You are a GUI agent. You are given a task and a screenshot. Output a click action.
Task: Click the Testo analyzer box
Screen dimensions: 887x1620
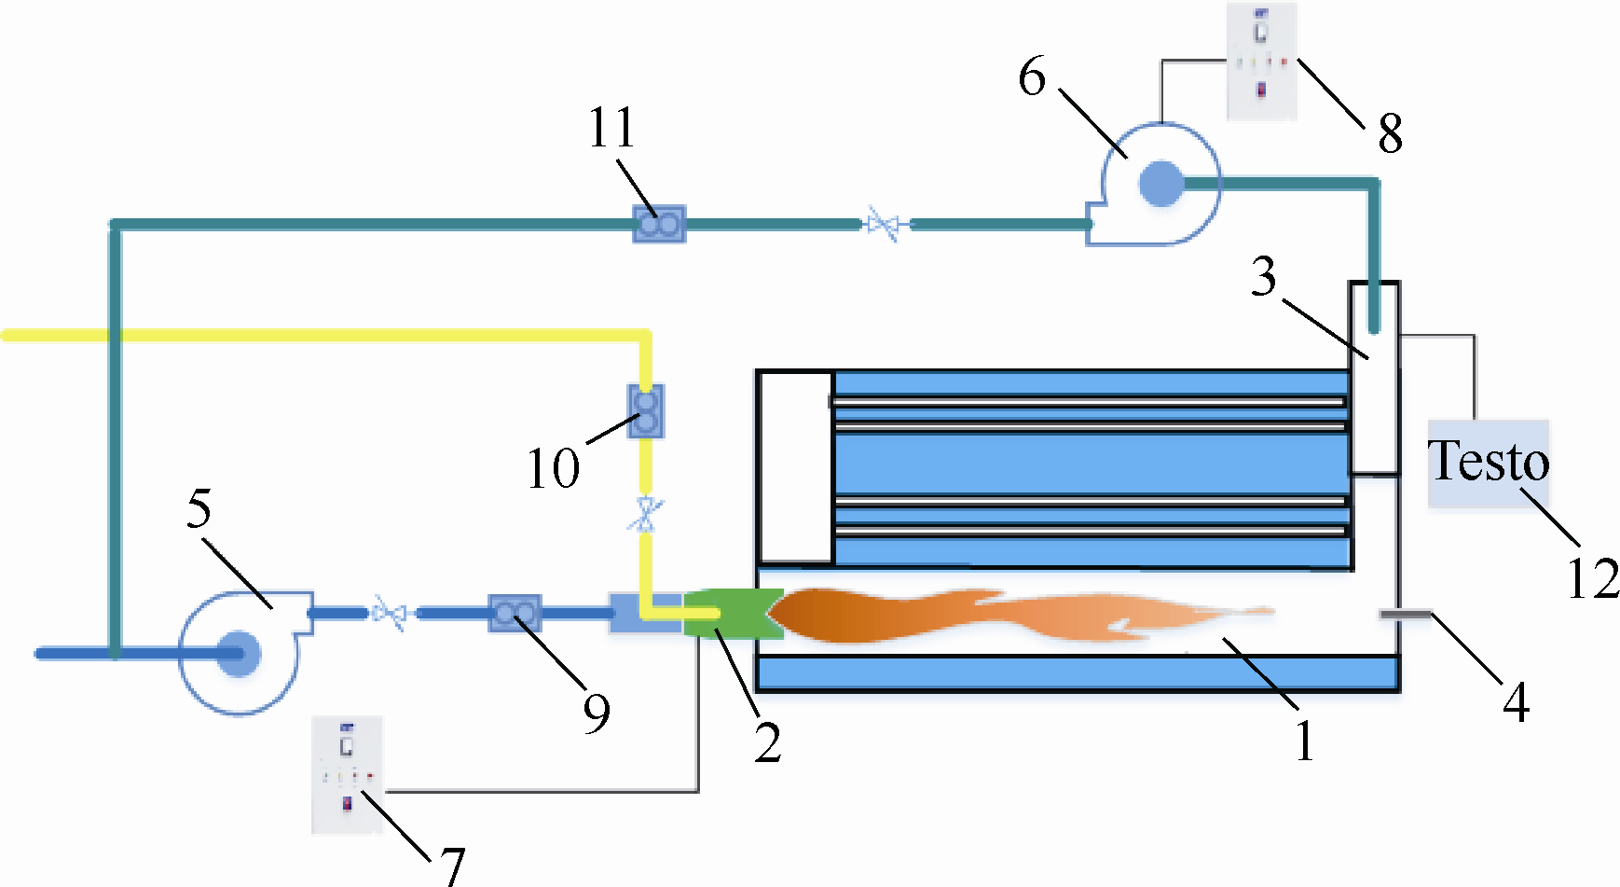point(1489,464)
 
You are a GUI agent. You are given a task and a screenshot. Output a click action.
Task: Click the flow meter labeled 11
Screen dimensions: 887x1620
point(659,224)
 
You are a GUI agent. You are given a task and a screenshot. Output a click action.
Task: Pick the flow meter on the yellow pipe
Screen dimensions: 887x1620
point(645,411)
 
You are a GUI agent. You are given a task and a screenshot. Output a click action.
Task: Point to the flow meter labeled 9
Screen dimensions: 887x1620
point(515,613)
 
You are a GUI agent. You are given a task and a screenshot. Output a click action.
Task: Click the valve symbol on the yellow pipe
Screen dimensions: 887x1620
point(645,514)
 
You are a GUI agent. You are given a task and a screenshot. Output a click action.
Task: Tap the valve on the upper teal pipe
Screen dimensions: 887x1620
point(883,224)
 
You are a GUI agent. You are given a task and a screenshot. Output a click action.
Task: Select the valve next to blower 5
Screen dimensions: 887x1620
point(389,613)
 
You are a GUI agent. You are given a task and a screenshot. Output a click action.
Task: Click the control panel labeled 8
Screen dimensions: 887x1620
point(1261,62)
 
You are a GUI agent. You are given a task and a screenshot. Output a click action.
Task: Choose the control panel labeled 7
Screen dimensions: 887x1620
point(347,774)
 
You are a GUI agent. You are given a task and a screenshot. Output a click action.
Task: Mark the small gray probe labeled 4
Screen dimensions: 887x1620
point(1406,613)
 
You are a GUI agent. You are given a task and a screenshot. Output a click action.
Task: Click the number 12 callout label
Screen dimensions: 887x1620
point(1593,579)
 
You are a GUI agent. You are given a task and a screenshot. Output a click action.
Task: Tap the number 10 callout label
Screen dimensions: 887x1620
point(553,468)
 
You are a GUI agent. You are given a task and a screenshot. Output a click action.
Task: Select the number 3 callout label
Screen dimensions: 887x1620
point(1264,277)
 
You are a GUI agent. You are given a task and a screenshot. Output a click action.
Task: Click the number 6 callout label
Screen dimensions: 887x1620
point(1032,76)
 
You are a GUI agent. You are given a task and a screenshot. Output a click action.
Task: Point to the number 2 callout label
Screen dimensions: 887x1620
point(767,743)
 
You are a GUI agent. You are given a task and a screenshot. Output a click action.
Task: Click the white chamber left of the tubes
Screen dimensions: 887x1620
point(795,466)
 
